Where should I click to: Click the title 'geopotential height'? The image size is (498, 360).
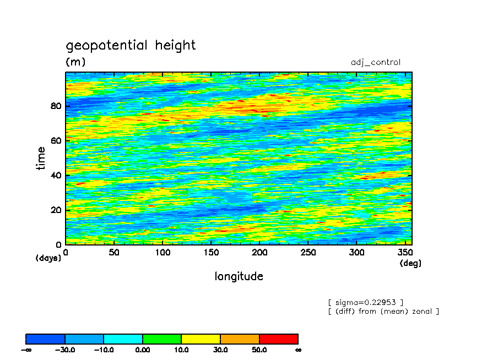[x=131, y=45]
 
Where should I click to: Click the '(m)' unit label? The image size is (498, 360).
[x=75, y=62]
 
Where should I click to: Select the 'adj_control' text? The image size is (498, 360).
[x=376, y=62]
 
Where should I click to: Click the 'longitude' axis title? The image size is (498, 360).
[x=239, y=276]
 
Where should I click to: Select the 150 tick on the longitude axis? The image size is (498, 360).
[x=210, y=253]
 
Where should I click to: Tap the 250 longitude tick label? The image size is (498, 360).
[x=308, y=253]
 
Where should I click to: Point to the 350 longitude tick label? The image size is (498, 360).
[x=405, y=253]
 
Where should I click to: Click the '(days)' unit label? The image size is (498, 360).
[x=48, y=258]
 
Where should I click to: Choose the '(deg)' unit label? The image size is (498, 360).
[x=410, y=263]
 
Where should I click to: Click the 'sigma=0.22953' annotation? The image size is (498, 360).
[x=366, y=302]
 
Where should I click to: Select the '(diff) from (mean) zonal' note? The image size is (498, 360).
[x=383, y=312]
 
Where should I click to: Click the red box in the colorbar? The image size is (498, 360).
[x=279, y=339]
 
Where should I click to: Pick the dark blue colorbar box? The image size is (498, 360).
[x=46, y=339]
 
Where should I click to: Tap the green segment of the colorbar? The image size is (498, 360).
[x=162, y=339]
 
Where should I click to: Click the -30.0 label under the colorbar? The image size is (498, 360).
[x=65, y=350]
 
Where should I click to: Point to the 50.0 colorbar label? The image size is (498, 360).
[x=259, y=350]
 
